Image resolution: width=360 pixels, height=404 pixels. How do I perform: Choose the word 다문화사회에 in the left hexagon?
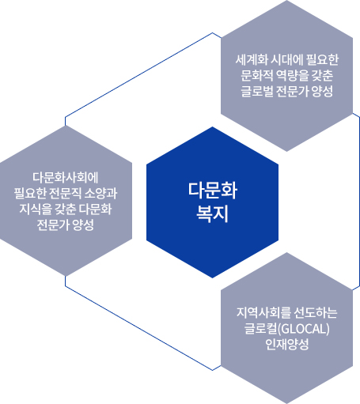[66, 177]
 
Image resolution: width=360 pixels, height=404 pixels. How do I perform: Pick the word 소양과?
[100, 193]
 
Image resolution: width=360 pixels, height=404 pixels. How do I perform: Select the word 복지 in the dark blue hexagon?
[212, 213]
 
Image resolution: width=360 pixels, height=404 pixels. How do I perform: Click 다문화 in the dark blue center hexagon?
[213, 190]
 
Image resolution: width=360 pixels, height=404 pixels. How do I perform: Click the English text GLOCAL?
[304, 329]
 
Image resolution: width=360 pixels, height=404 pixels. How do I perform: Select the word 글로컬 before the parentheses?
[261, 329]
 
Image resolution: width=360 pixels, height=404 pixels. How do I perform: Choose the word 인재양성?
[287, 345]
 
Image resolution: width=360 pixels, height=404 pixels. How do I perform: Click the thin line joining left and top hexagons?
[139, 74]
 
